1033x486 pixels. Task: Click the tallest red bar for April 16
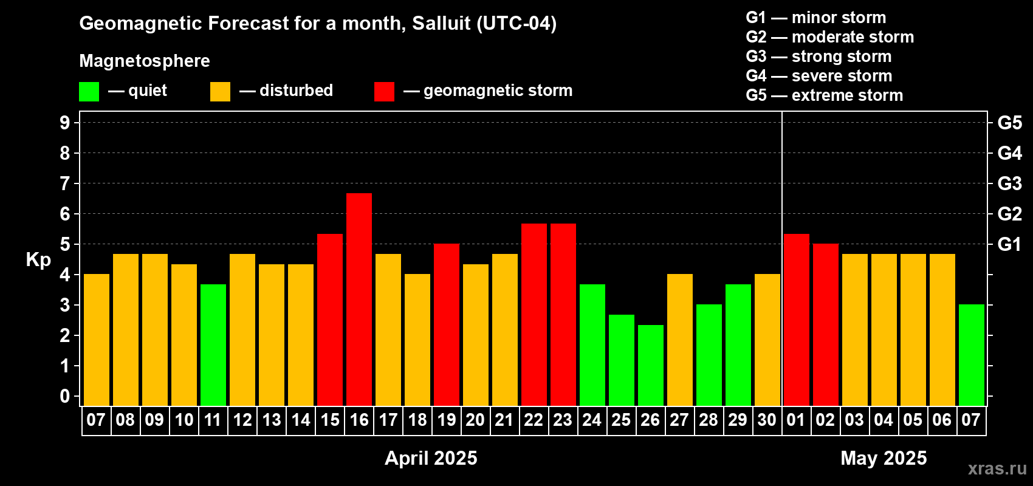(359, 299)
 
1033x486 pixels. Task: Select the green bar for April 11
(213, 345)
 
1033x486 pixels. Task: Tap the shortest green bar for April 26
(651, 365)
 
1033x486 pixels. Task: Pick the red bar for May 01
(797, 320)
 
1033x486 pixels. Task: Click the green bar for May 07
(971, 355)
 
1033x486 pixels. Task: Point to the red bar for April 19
(447, 324)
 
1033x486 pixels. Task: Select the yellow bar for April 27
(680, 340)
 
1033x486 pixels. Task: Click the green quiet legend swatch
(89, 91)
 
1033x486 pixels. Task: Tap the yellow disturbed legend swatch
(220, 91)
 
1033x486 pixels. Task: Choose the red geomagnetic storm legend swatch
(384, 91)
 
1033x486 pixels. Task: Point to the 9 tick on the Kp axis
(64, 123)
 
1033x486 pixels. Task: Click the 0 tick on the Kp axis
(64, 396)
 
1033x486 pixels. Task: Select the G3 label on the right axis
(1009, 183)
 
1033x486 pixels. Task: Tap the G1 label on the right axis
(1009, 244)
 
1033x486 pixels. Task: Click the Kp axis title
(38, 260)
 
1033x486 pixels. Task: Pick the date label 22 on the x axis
(534, 420)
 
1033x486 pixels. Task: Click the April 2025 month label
(431, 458)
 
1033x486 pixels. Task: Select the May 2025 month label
(884, 458)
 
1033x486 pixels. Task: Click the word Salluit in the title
(441, 24)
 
